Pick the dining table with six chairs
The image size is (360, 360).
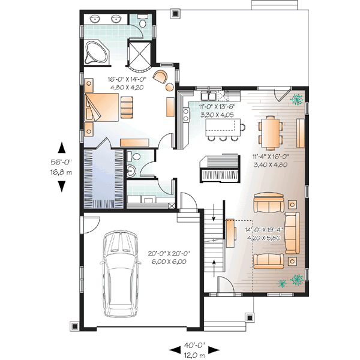[x=271, y=133]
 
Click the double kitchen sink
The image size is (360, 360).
[x=209, y=96]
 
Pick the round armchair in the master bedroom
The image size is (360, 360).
[x=161, y=77]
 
